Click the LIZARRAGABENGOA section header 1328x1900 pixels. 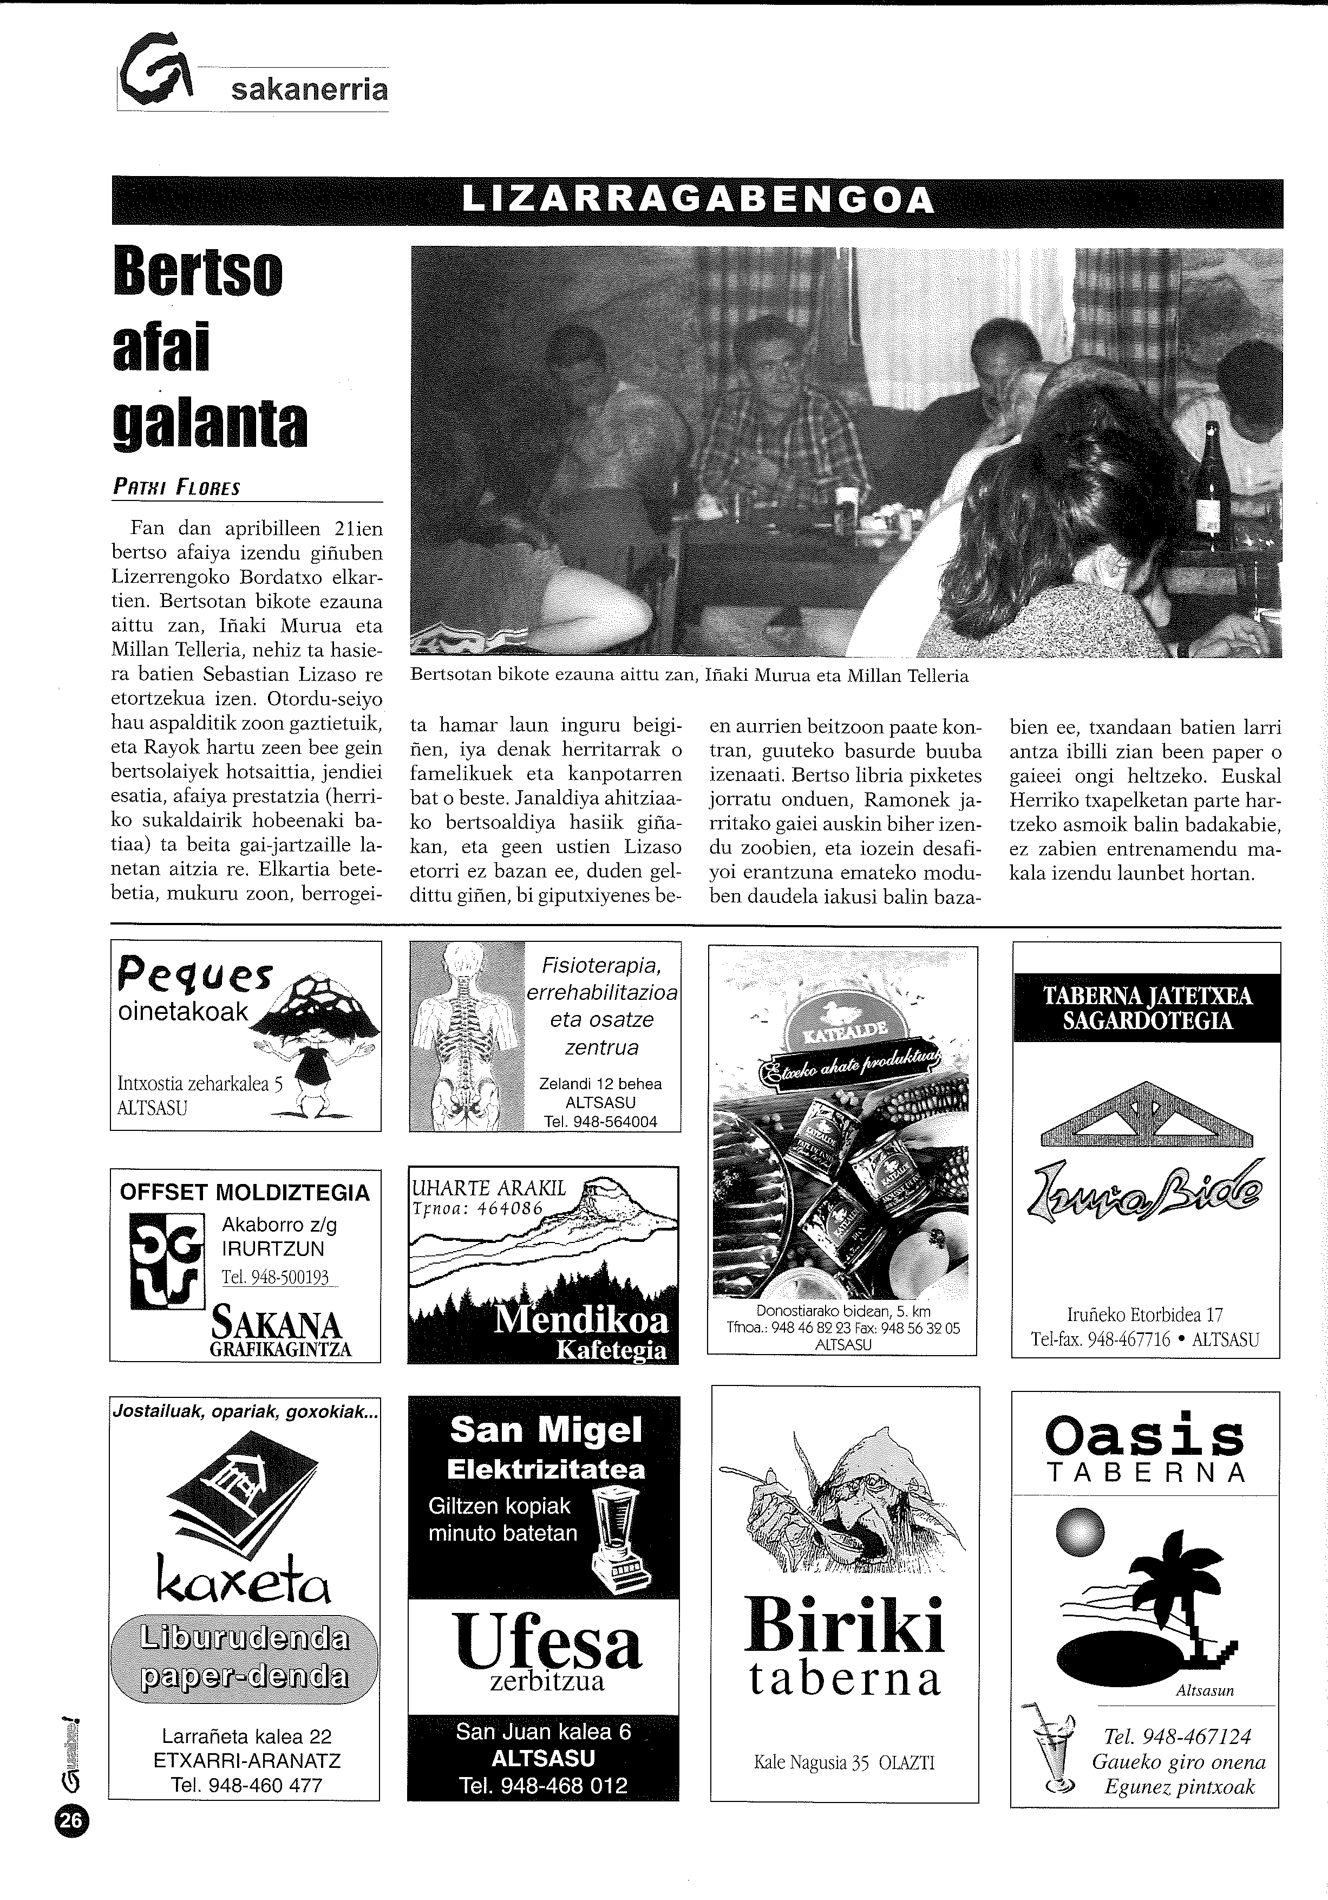697,201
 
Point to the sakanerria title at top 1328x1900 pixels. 309,89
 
